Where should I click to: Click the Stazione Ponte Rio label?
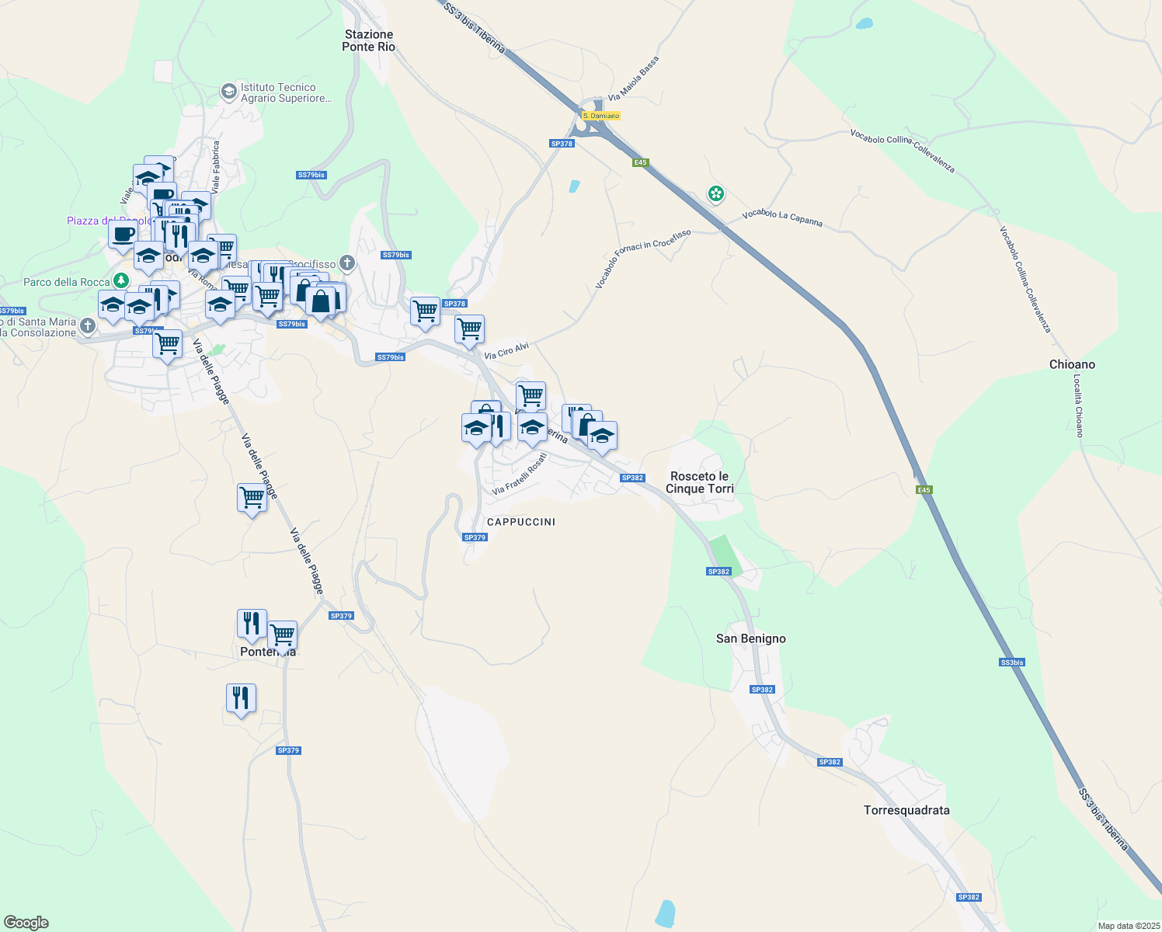pyautogui.click(x=369, y=40)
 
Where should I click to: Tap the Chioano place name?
pyautogui.click(x=1072, y=364)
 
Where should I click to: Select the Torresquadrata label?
pyautogui.click(x=906, y=810)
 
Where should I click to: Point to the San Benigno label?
pyautogui.click(x=750, y=638)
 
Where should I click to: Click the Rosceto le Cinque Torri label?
pyautogui.click(x=699, y=482)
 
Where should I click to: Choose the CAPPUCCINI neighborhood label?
pyautogui.click(x=520, y=522)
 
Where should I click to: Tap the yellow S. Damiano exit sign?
pyautogui.click(x=601, y=116)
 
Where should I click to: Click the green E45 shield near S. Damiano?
pyautogui.click(x=640, y=162)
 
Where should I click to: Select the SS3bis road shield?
pyautogui.click(x=1011, y=662)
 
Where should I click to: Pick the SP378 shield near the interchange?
pyautogui.click(x=561, y=144)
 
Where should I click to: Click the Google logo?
pyautogui.click(x=26, y=923)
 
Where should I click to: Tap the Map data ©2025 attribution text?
pyautogui.click(x=1128, y=926)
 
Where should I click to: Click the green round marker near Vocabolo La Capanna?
pyautogui.click(x=715, y=193)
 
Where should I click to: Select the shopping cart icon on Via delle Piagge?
pyautogui.click(x=252, y=497)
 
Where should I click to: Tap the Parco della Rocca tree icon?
pyautogui.click(x=120, y=280)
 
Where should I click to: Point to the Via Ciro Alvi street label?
pyautogui.click(x=506, y=351)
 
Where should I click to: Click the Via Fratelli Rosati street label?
pyautogui.click(x=520, y=475)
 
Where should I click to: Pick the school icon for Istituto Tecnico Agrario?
pyautogui.click(x=228, y=92)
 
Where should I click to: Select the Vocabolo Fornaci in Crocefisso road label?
pyautogui.click(x=642, y=259)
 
